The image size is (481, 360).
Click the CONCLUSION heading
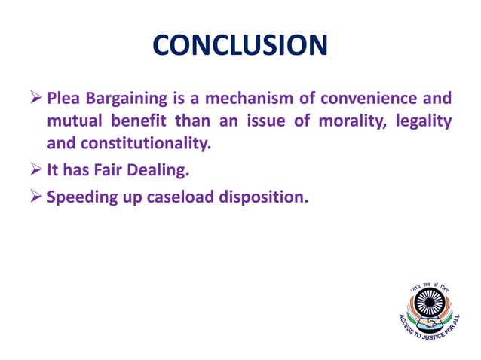240,46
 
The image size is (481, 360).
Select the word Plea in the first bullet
63,99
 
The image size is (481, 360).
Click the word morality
338,121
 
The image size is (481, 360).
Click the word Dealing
159,171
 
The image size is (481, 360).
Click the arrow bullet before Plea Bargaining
35,99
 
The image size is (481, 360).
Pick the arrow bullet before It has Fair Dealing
35,171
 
